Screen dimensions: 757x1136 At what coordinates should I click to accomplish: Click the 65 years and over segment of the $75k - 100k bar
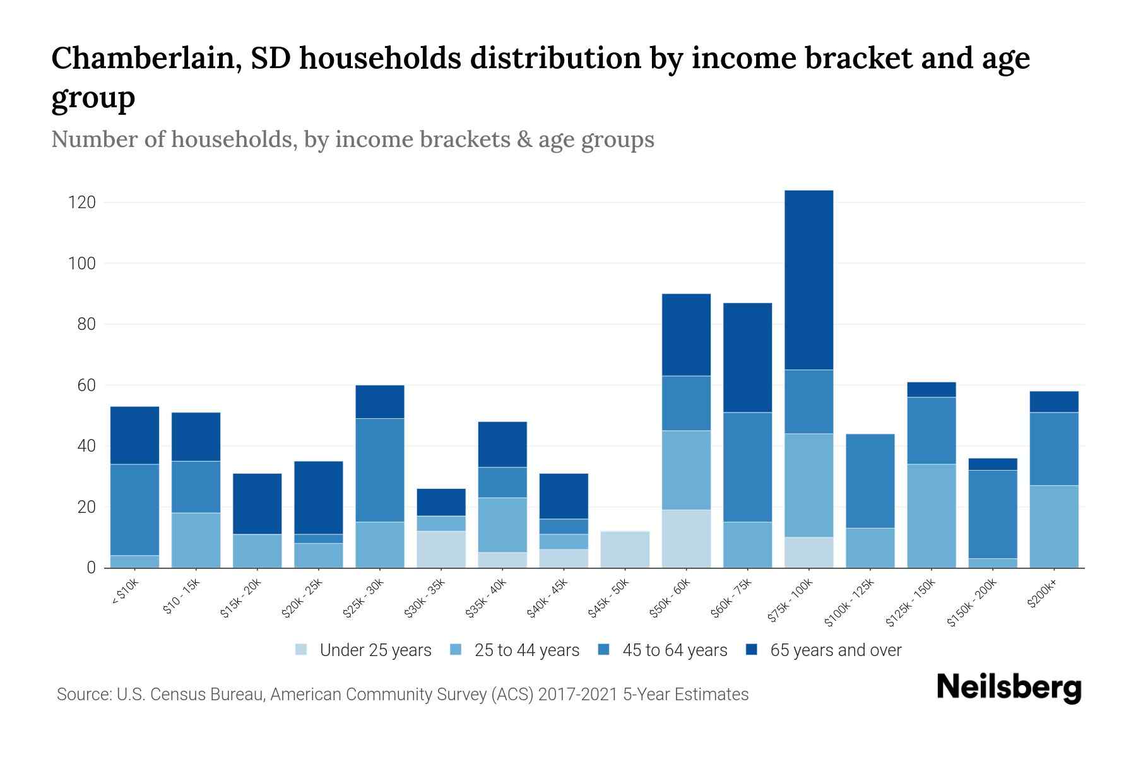[x=808, y=279]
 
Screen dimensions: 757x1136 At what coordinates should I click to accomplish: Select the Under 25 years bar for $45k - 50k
[x=625, y=549]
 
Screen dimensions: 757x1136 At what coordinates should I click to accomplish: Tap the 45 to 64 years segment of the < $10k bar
[x=134, y=510]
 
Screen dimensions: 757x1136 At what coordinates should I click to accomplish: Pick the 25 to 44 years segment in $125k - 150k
[x=931, y=516]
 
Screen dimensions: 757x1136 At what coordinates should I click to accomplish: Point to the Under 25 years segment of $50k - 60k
[x=686, y=539]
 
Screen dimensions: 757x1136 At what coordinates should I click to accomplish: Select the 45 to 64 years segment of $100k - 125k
[x=870, y=481]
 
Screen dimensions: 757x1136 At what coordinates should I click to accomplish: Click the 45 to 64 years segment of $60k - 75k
[x=747, y=467]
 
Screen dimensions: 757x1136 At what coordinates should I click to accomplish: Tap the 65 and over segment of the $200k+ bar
[x=1053, y=402]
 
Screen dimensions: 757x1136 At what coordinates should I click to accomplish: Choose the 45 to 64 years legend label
[x=674, y=650]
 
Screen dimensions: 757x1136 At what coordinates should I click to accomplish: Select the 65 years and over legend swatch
[x=752, y=650]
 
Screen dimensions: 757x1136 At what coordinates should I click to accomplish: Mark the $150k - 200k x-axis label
[x=972, y=604]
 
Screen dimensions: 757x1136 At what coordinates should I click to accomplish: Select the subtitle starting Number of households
[x=352, y=139]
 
